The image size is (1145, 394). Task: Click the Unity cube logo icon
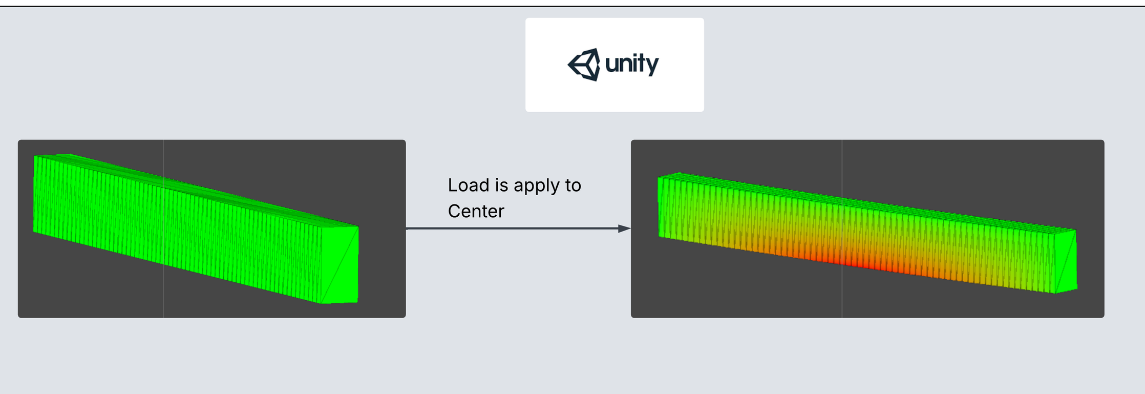pyautogui.click(x=584, y=65)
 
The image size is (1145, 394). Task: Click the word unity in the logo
pyautogui.click(x=632, y=65)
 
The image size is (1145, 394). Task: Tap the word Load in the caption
pyautogui.click(x=468, y=185)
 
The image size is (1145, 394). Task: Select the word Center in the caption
pyautogui.click(x=476, y=211)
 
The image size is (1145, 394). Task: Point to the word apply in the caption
pyautogui.click(x=537, y=186)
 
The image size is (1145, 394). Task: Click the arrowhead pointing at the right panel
pyautogui.click(x=624, y=229)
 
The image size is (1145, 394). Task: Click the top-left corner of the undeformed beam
pyautogui.click(x=35, y=156)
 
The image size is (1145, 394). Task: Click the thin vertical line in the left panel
pyautogui.click(x=163, y=287)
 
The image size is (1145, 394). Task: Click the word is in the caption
pyautogui.click(x=501, y=185)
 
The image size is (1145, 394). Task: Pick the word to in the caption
pyautogui.click(x=573, y=185)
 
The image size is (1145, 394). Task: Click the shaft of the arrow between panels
pyautogui.click(x=512, y=229)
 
